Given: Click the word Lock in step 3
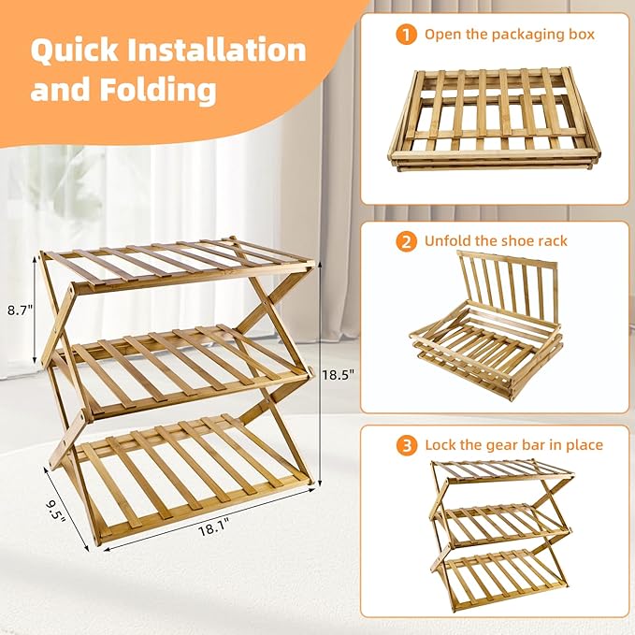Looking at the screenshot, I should (442, 445).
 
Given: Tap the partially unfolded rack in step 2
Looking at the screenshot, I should (486, 327).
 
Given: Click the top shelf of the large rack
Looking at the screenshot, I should (178, 265).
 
